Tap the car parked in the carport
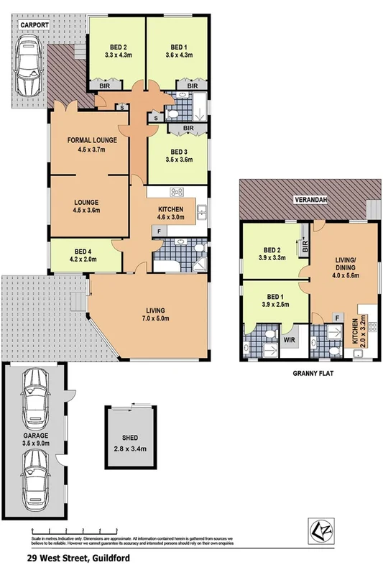click(29, 67)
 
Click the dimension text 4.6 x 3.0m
click(171, 218)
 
